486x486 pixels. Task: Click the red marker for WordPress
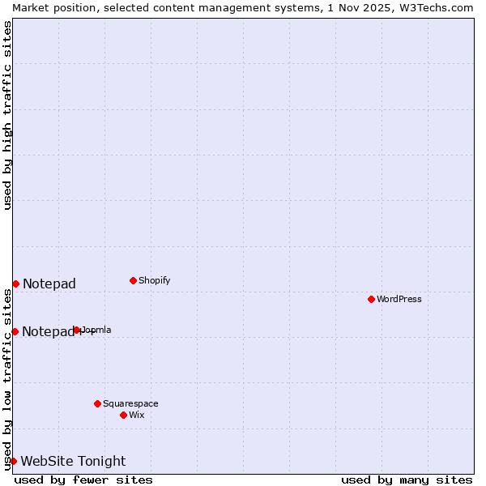[x=371, y=299]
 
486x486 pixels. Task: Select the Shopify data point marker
[x=133, y=280]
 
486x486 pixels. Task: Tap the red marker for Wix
[x=123, y=415]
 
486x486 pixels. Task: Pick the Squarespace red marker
[x=97, y=403]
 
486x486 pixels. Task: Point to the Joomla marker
[x=77, y=330]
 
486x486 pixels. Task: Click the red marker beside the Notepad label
[x=15, y=283]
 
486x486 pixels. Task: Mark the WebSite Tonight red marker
[x=13, y=461]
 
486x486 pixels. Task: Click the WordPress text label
[x=399, y=299]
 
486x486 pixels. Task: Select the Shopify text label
[x=154, y=280]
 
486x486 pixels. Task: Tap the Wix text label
[x=136, y=415]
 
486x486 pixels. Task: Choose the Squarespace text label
[x=130, y=403]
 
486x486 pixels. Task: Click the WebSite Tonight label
[x=73, y=461]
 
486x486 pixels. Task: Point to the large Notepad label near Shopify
[x=49, y=283]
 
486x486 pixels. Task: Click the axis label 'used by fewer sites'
[x=83, y=480]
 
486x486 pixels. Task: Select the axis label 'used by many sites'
[x=407, y=480]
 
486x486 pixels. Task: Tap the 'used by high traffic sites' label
[x=7, y=115]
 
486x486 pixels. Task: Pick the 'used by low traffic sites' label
[x=7, y=379]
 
